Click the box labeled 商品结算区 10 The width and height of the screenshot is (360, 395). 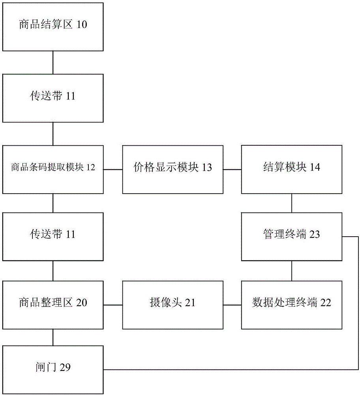(x=53, y=27)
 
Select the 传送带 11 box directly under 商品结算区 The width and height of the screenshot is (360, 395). (x=53, y=98)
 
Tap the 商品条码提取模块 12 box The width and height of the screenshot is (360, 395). (x=53, y=169)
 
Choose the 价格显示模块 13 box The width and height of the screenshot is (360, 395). (x=173, y=169)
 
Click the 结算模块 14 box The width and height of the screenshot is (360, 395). (x=292, y=169)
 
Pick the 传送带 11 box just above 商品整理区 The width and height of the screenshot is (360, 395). (x=53, y=237)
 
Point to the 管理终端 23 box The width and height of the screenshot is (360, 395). (x=292, y=237)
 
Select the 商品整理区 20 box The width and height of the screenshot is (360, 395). (x=53, y=305)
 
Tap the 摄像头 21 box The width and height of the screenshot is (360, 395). (x=173, y=305)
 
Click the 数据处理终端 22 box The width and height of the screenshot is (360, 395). (x=292, y=305)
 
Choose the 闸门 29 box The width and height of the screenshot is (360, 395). (x=53, y=370)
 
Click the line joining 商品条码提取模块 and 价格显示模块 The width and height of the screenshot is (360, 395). (x=113, y=169)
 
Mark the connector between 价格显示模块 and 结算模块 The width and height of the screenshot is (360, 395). (x=232, y=169)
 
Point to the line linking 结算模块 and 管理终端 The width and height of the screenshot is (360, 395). (x=292, y=203)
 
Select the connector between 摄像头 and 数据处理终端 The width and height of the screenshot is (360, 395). (x=232, y=305)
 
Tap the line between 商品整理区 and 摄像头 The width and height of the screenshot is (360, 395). (x=113, y=305)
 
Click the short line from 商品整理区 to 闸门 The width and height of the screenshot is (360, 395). (x=53, y=337)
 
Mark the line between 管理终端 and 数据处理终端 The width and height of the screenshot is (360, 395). (x=292, y=271)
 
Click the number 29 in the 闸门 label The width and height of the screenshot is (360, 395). (x=65, y=367)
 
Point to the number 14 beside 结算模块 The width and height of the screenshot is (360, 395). (x=315, y=167)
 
